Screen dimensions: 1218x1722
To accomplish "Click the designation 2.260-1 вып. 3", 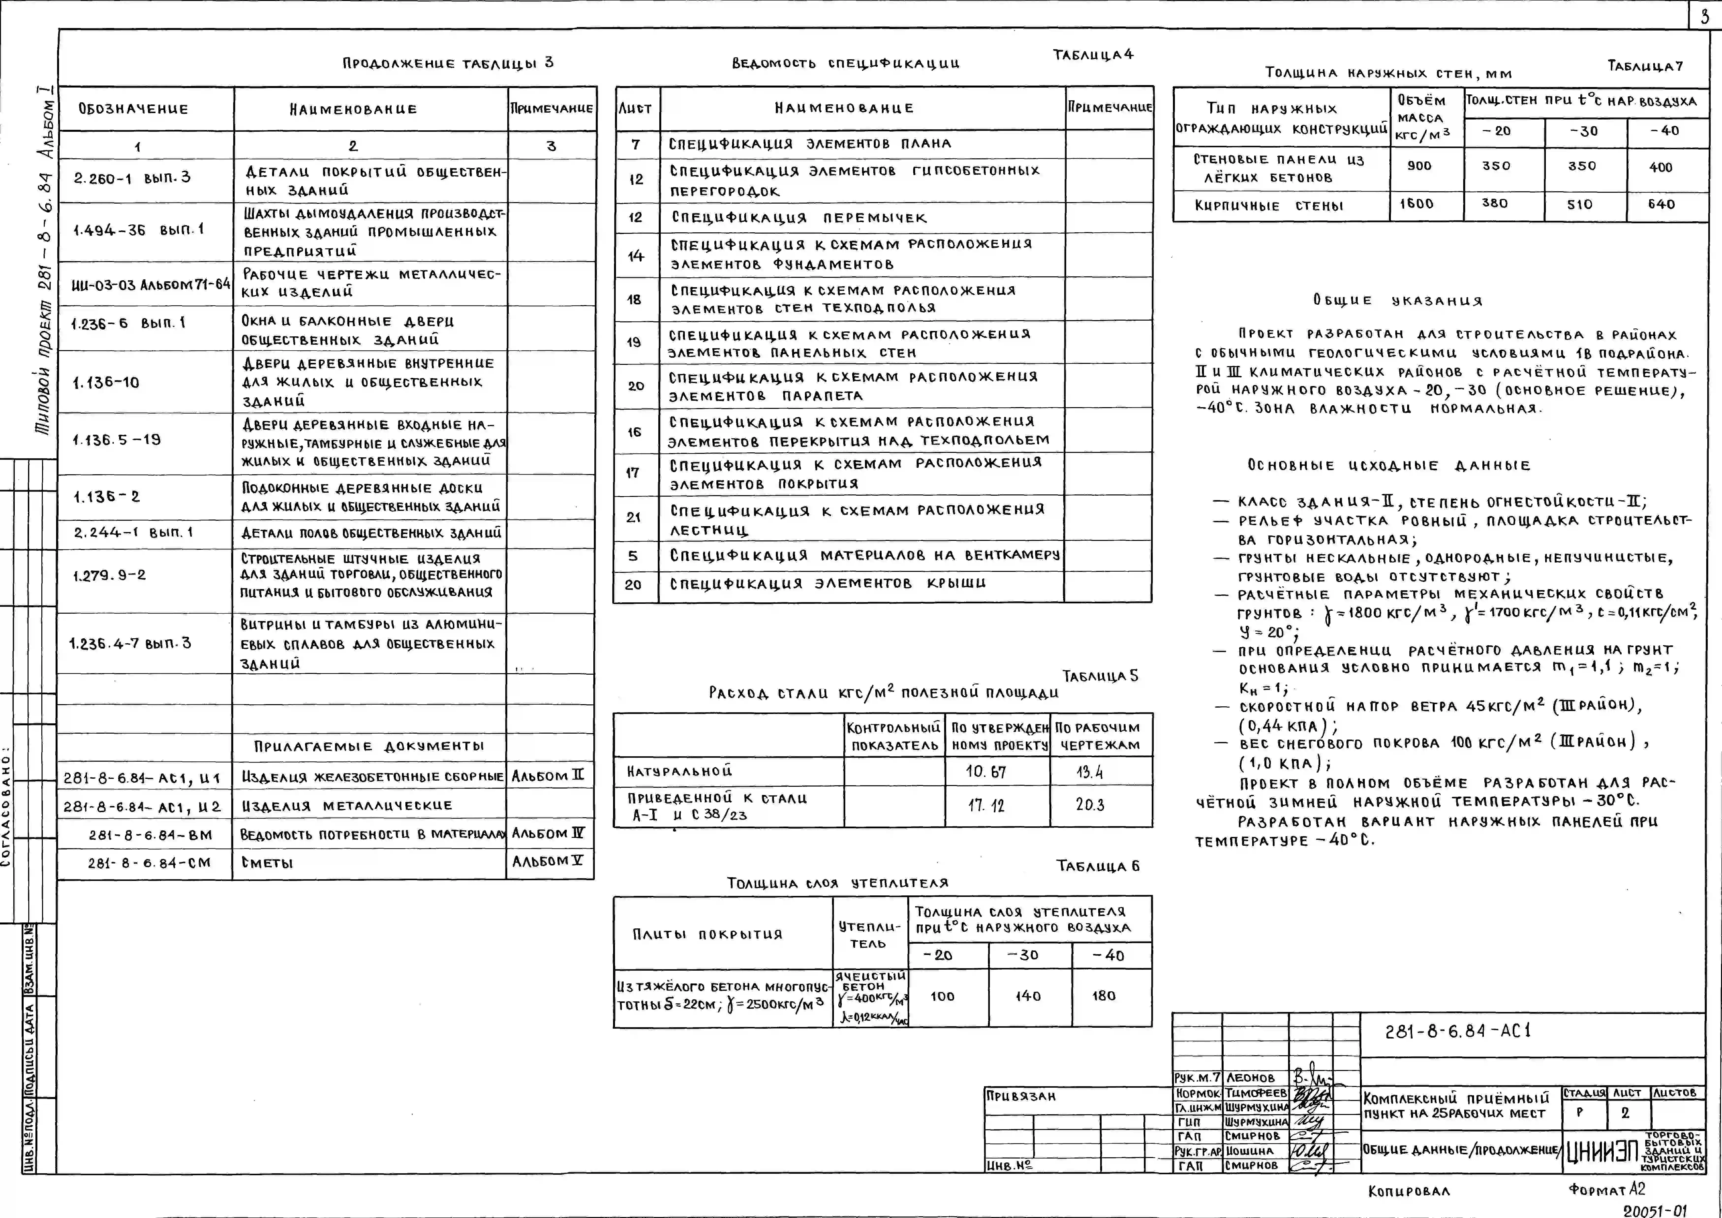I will (x=132, y=178).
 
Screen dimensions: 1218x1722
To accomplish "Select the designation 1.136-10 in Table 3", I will (x=106, y=383).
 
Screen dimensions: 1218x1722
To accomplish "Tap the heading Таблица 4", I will (x=1092, y=55).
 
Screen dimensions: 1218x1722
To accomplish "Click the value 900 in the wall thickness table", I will (x=1419, y=166).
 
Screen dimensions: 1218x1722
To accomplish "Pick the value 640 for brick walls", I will (x=1661, y=204).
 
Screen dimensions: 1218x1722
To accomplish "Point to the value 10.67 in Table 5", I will (x=986, y=772).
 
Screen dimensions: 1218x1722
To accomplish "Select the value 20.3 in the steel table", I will (x=1090, y=805).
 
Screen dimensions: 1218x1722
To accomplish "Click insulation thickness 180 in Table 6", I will (x=1104, y=996).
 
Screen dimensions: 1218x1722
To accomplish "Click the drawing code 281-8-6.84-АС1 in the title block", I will (x=1457, y=1031).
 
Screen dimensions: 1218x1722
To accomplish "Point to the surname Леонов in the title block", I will (x=1250, y=1078).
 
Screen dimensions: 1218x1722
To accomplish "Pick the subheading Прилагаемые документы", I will (x=369, y=746).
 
